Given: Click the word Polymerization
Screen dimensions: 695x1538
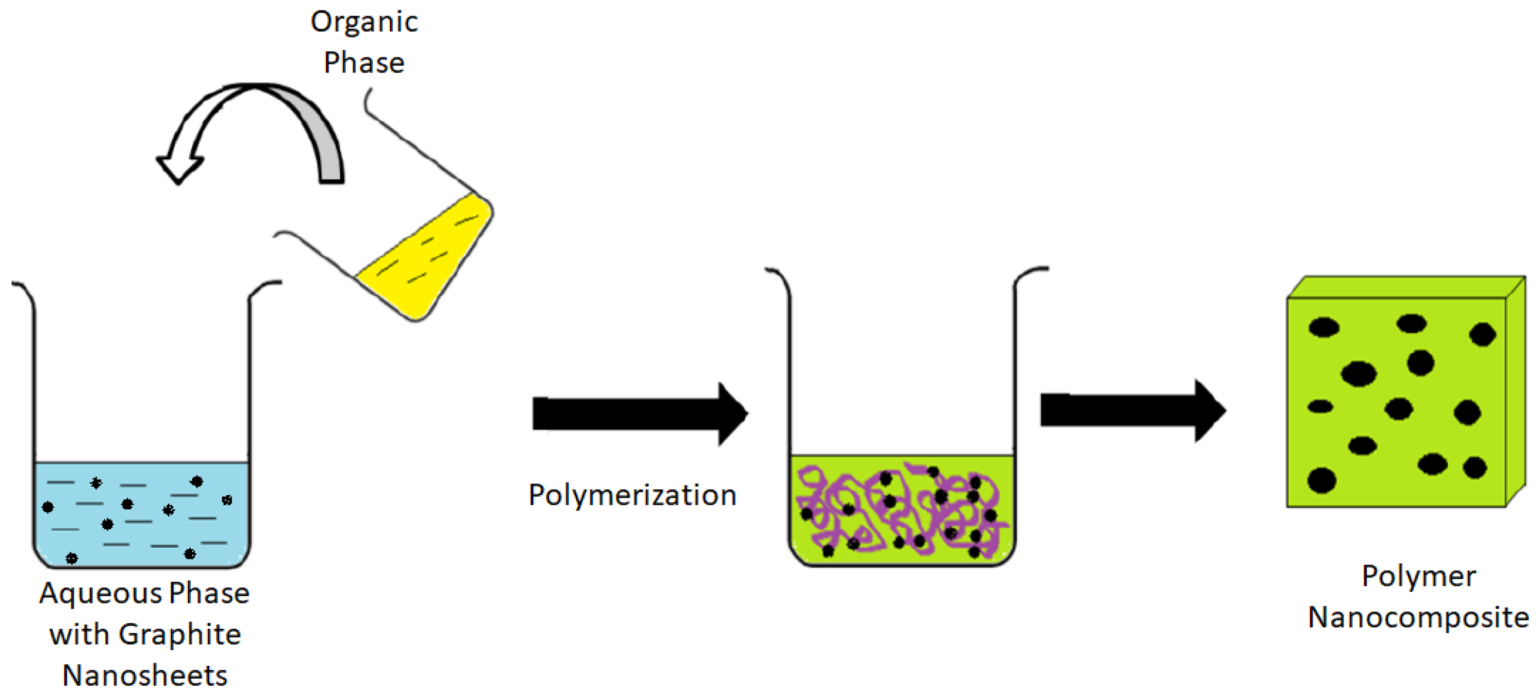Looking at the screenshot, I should point(632,495).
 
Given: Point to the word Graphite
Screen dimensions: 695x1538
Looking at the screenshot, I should point(180,634).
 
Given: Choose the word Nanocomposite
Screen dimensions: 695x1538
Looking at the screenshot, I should point(1418,618).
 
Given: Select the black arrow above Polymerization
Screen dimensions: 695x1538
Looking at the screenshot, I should point(639,413).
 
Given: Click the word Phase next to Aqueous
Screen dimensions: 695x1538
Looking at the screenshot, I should point(209,594).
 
